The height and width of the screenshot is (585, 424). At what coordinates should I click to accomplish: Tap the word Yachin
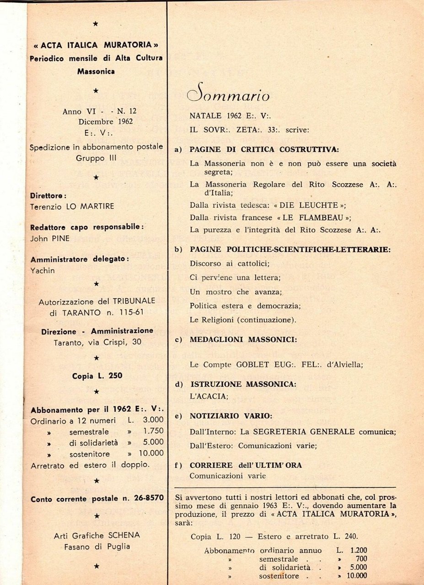click(x=43, y=270)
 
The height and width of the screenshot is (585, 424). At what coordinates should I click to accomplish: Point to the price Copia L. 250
click(x=97, y=376)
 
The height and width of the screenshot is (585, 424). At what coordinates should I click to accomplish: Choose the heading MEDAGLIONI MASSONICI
click(x=243, y=340)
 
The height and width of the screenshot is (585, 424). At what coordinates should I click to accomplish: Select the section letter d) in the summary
click(x=179, y=385)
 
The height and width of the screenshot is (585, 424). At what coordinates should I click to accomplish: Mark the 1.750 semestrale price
click(x=153, y=431)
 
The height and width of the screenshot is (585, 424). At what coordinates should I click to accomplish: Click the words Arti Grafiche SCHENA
click(x=97, y=535)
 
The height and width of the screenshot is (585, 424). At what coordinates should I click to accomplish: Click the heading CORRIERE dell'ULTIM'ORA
click(x=246, y=465)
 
